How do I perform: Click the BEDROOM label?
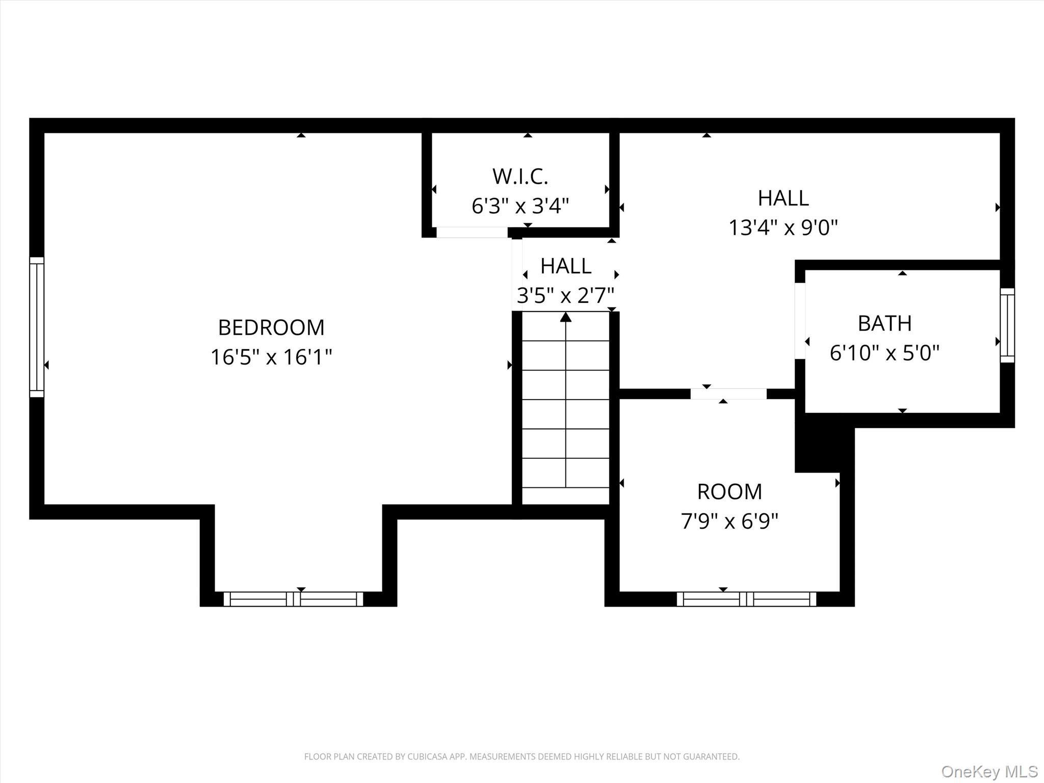coord(271,328)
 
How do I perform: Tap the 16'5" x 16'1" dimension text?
coord(271,357)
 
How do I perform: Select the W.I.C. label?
coord(520,176)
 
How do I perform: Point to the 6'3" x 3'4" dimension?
coord(520,206)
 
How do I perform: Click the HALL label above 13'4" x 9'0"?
coord(783,198)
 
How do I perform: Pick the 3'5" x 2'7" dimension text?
coord(565,295)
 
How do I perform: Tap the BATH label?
coord(884,323)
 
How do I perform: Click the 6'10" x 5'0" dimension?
coord(884,353)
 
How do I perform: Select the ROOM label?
coord(729,492)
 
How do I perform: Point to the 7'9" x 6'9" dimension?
coord(729,521)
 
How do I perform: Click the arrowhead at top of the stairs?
coord(566,317)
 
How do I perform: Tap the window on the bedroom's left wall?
coord(37,327)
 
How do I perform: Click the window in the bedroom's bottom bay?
coord(294,599)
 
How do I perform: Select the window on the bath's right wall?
coord(1007,325)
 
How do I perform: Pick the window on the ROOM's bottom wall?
coord(746,599)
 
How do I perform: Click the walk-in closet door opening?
coord(472,232)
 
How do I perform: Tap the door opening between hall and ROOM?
coord(728,394)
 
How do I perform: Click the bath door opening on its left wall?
coord(800,321)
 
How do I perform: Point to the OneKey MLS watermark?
coord(989,771)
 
